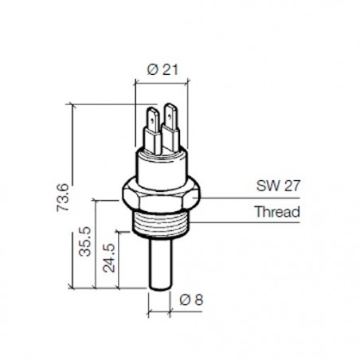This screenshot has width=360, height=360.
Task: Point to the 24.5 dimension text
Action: (x=109, y=260)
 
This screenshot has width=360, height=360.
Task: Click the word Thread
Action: (x=276, y=212)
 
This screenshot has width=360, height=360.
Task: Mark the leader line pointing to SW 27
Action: (x=231, y=194)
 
